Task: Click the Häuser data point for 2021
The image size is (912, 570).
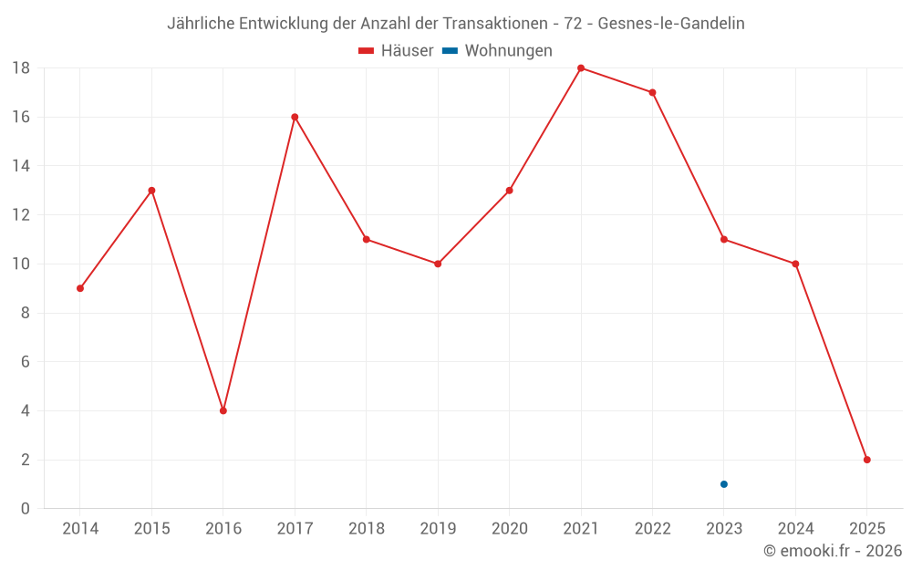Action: (581, 68)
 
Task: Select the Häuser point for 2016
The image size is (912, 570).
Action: (223, 410)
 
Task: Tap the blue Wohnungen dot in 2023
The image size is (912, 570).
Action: (724, 484)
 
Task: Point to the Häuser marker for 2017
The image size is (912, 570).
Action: (295, 117)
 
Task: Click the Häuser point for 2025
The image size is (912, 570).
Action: (867, 460)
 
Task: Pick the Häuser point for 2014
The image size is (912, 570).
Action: (80, 288)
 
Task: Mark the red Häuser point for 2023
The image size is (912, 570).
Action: (724, 239)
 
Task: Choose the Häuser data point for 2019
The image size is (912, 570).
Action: (438, 264)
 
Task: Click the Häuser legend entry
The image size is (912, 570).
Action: (396, 51)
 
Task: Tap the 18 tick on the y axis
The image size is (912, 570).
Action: (20, 68)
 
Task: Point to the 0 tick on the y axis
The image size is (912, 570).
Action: (25, 509)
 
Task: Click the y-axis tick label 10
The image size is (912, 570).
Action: (20, 264)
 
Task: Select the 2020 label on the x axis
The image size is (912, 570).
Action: (509, 529)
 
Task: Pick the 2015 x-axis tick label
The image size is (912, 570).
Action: (151, 529)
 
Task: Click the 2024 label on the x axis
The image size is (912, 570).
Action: (795, 529)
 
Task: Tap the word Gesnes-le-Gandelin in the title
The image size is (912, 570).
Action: (671, 24)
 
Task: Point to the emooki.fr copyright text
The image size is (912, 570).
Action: (833, 551)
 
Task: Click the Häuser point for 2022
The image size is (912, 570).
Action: (652, 92)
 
